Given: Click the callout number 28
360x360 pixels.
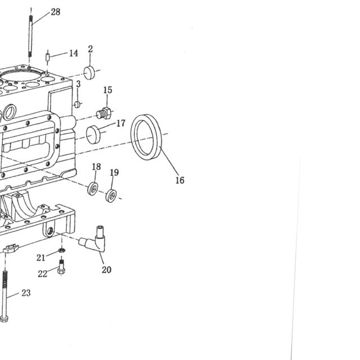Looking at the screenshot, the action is tap(55, 12).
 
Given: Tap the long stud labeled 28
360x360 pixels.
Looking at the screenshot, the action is tap(30, 36).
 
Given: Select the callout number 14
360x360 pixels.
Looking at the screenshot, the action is tap(74, 53).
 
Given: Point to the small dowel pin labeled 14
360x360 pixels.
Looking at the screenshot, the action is tap(47, 57).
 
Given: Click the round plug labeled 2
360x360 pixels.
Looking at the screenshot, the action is tap(89, 73).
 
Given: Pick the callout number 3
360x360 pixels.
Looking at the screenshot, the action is tap(78, 84).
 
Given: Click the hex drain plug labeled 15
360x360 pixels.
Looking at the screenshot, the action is tap(104, 113).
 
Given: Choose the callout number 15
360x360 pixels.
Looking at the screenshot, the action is tap(107, 90).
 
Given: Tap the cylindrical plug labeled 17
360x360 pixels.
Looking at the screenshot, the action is tap(93, 134).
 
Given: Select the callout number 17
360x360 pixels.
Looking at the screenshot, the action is tap(121, 123).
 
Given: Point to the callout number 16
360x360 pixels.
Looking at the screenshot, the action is tap(180, 180).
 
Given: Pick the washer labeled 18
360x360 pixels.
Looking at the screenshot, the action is tap(93, 189).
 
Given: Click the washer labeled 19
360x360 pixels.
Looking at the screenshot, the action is tap(111, 196).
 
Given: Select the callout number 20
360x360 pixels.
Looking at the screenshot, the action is tap(106, 270).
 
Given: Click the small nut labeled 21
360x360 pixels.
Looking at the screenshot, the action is tap(61, 250).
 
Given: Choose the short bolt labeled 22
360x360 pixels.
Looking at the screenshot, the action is tap(61, 267).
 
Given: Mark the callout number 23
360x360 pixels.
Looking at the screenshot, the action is tap(26, 293).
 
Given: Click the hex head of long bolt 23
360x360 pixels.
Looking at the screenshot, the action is tap(4, 319).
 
